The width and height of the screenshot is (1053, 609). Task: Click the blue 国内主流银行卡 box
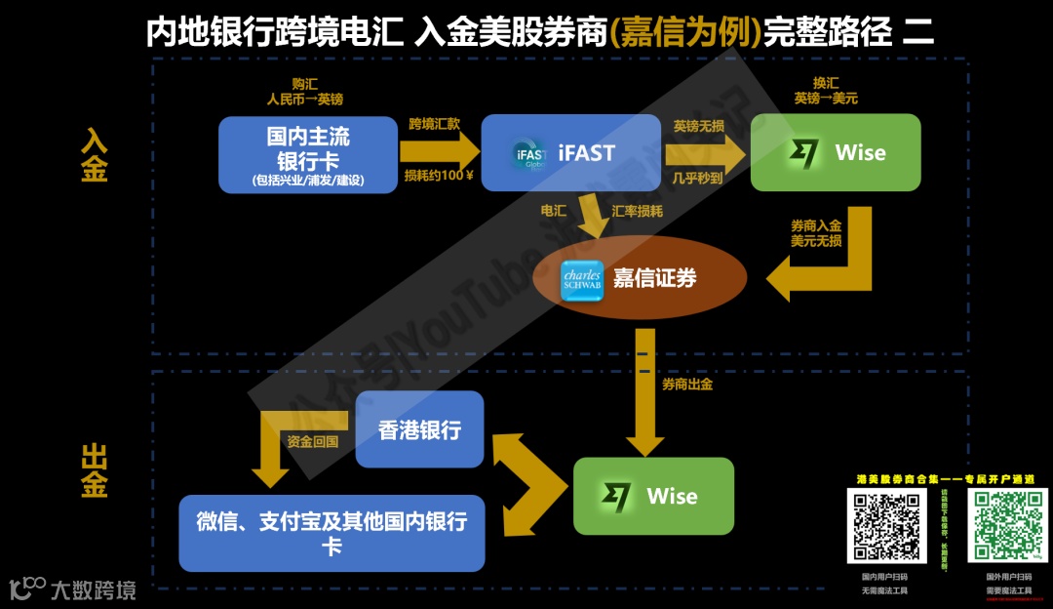[307, 153]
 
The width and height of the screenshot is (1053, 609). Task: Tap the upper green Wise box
[836, 153]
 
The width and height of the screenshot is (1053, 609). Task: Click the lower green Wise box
[653, 496]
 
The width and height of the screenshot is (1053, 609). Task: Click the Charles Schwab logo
[582, 279]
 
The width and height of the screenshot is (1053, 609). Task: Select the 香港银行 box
[419, 429]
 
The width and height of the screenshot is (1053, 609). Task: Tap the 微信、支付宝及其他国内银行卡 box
[331, 533]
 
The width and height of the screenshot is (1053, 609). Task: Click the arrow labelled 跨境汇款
[440, 151]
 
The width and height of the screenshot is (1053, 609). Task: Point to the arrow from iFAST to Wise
[704, 152]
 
